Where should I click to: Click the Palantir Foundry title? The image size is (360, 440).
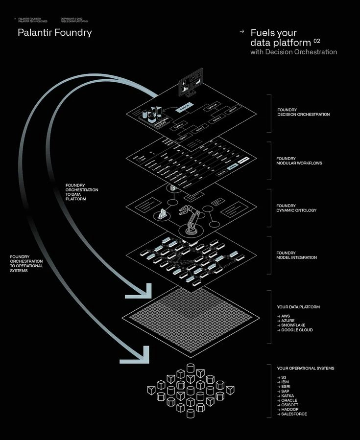(x=55, y=33)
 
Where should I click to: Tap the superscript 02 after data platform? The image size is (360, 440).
(x=317, y=41)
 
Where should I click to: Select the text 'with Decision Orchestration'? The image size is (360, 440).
(x=293, y=52)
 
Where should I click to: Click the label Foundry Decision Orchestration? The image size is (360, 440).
(x=303, y=112)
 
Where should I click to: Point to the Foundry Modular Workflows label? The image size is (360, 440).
(x=299, y=161)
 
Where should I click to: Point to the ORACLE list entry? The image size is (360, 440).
(x=289, y=400)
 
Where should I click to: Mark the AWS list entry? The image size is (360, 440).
(x=286, y=316)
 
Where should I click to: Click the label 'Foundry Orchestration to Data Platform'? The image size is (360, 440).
(x=81, y=192)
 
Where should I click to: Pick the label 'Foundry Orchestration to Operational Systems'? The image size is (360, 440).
(x=26, y=263)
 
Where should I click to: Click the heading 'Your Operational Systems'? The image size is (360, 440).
(x=305, y=368)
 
